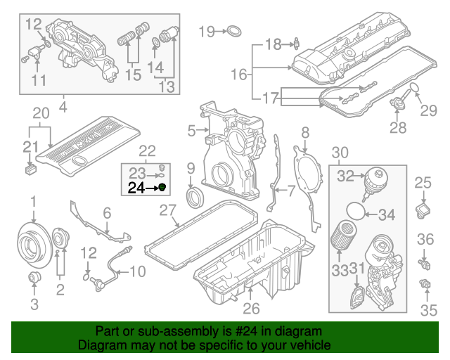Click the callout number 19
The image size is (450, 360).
point(206,31)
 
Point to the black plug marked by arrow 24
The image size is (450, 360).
point(162,187)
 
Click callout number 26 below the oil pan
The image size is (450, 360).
point(252,307)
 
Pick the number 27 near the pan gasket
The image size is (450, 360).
point(167,210)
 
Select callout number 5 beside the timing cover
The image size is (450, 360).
point(191,130)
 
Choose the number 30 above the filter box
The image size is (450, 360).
point(340,153)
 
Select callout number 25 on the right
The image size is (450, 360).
point(422,184)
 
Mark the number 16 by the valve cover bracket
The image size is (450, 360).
point(240,74)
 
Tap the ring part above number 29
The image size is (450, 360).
point(416,86)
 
